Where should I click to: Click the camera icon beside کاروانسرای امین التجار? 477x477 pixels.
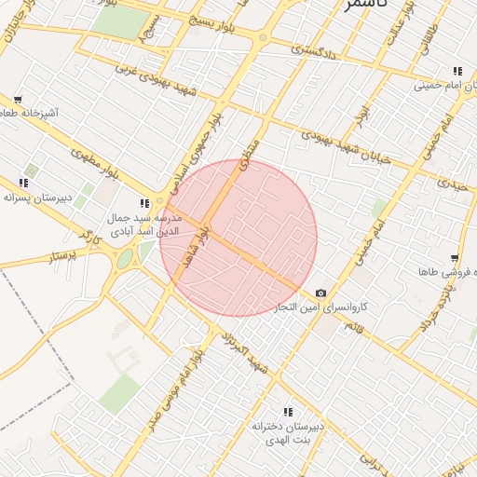coord(320,293)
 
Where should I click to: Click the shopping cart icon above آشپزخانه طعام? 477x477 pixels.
coord(18,100)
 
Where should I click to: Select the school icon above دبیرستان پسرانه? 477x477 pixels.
coord(23,184)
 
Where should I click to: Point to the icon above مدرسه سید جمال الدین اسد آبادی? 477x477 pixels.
coord(143,203)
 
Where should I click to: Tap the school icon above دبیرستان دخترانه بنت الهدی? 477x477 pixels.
coord(288,412)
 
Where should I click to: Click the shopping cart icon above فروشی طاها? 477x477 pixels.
coord(454,258)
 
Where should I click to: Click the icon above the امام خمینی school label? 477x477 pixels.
coord(457,71)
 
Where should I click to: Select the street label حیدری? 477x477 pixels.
coord(454,184)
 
